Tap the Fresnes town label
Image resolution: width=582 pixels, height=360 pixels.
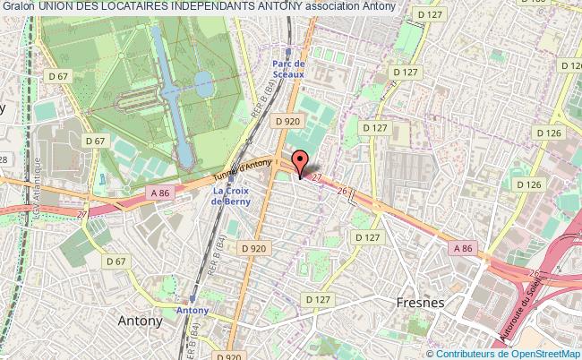click(x=420, y=303)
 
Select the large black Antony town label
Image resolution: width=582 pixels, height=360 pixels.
click(x=141, y=320)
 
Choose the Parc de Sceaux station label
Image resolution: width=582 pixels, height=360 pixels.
click(x=289, y=68)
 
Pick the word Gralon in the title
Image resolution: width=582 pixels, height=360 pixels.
click(x=17, y=6)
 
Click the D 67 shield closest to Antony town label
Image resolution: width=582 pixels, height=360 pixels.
click(x=115, y=261)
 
